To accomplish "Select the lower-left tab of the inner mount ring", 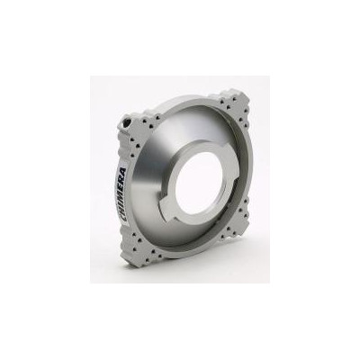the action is [168, 210].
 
